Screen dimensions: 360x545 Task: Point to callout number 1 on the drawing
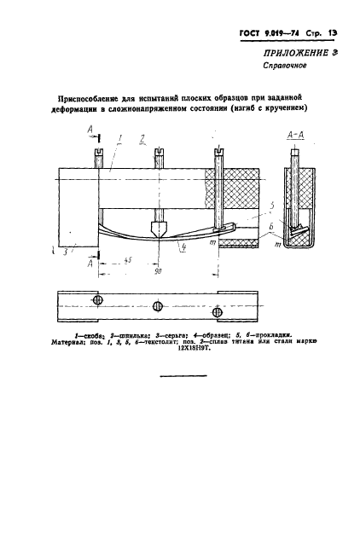coord(123,137)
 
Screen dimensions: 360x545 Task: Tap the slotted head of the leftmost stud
coord(96,154)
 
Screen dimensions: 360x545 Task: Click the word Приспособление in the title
coord(93,98)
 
